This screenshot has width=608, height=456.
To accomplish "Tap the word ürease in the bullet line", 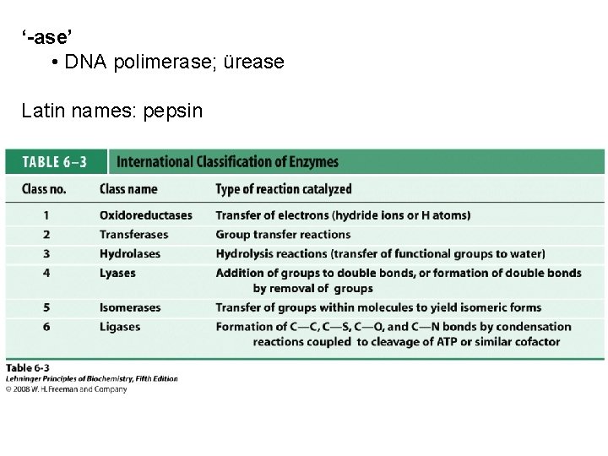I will (255, 63).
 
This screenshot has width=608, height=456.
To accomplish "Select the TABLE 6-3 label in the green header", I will (52, 162).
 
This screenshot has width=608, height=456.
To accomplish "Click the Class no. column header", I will (44, 189).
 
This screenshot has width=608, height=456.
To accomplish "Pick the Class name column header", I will (128, 189).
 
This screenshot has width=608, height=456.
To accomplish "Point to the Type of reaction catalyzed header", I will (283, 189).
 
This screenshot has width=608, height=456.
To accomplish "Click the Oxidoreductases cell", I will (145, 215).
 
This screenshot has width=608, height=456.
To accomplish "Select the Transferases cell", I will (133, 235).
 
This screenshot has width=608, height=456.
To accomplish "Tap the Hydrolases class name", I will (129, 253).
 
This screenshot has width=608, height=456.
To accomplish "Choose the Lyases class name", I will (117, 273).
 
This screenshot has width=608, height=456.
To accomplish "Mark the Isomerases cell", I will (131, 307).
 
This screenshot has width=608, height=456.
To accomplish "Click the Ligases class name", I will (120, 327).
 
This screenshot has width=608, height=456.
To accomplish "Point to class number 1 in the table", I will (46, 215).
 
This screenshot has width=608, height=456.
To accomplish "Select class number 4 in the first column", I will (46, 273).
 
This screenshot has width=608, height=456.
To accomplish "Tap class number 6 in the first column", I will (46, 327).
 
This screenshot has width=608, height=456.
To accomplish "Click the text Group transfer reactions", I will (283, 235).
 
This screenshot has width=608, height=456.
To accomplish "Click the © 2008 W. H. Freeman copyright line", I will (66, 389).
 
